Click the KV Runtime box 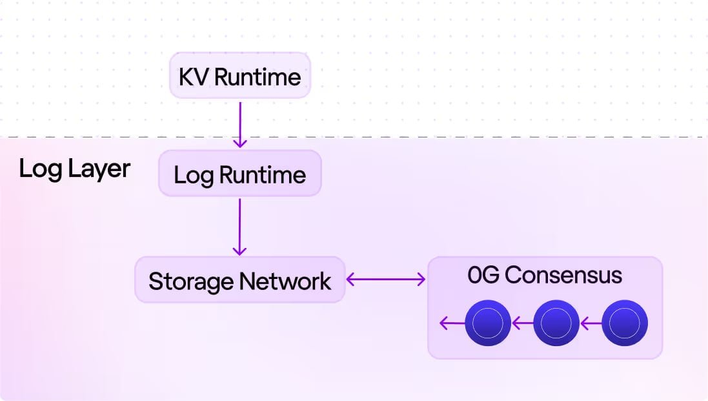click(x=239, y=76)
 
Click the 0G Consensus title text click(x=545, y=275)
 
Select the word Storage click(x=191, y=282)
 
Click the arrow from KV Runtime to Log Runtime click(x=239, y=123)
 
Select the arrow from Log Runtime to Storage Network click(x=239, y=227)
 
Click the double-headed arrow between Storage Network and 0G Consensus click(x=386, y=280)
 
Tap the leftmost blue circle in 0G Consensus click(x=488, y=323)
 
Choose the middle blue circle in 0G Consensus click(x=556, y=323)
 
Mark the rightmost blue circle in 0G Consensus click(x=624, y=323)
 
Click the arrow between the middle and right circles click(x=590, y=323)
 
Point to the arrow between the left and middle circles click(x=522, y=323)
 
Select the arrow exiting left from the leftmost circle click(x=452, y=323)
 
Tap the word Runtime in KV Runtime click(x=258, y=77)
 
